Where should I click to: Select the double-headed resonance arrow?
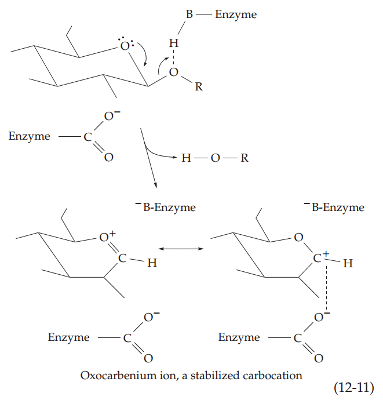181,249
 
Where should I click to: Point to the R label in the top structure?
199,87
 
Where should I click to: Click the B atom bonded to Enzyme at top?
189,14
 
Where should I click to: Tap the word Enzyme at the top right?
235,14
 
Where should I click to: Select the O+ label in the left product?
107,237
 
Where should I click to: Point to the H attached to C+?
348,264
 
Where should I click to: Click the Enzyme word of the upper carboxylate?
30,137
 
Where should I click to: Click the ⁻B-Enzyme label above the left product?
166,207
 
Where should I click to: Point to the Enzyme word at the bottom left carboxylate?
68,337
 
